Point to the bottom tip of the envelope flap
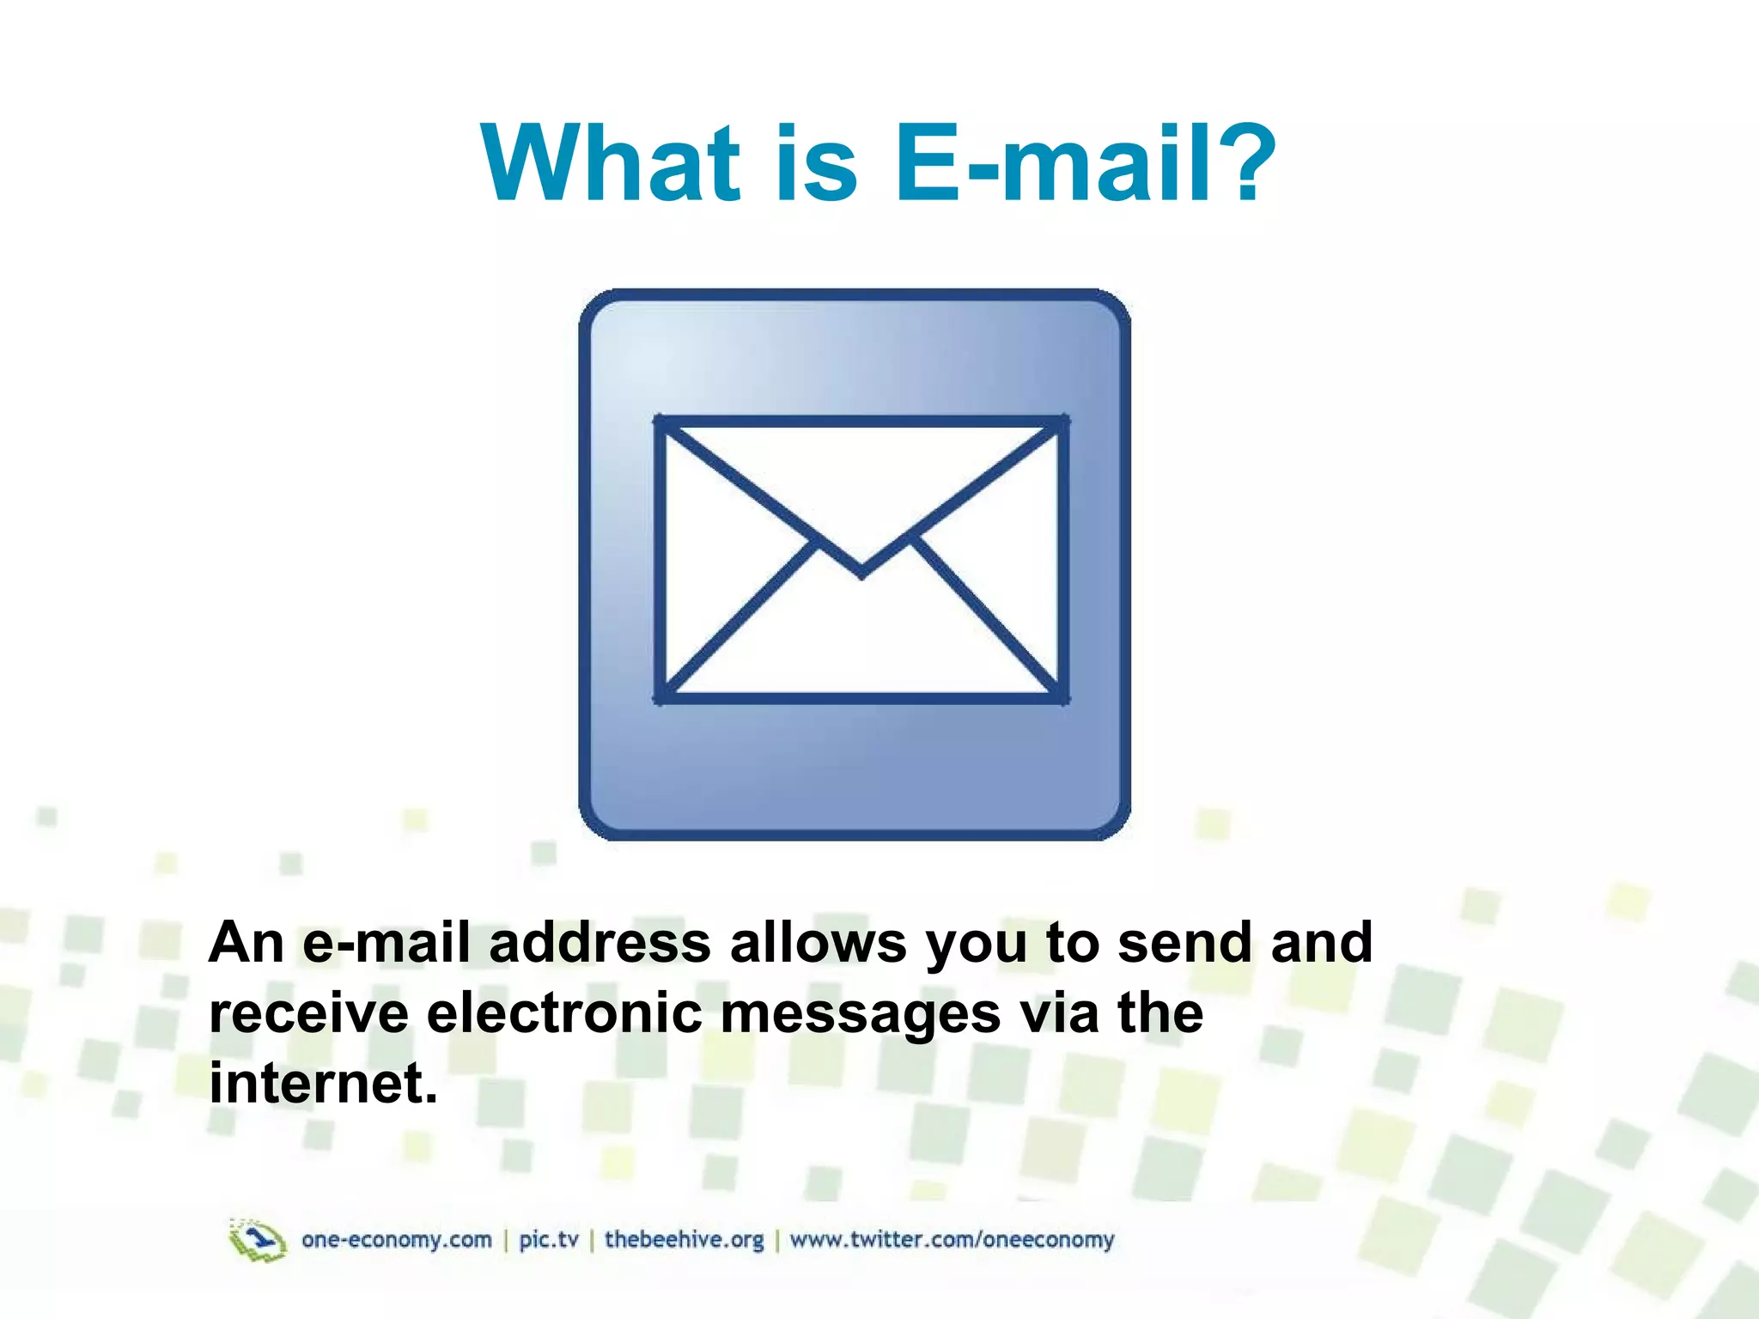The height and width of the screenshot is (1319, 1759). click(x=862, y=574)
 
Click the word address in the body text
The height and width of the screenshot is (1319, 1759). click(x=600, y=942)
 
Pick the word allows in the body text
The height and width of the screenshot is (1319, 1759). click(x=818, y=942)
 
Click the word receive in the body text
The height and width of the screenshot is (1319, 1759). click(x=308, y=1012)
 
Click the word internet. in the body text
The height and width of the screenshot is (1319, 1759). click(x=323, y=1083)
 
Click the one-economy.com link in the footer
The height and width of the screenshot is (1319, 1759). click(x=397, y=1240)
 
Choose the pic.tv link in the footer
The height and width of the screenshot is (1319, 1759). click(x=549, y=1240)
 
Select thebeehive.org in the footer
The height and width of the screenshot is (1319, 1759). click(x=684, y=1240)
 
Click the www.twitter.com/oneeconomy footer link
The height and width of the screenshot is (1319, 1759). click(x=952, y=1240)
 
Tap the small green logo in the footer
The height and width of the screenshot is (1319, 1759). click(x=257, y=1240)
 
